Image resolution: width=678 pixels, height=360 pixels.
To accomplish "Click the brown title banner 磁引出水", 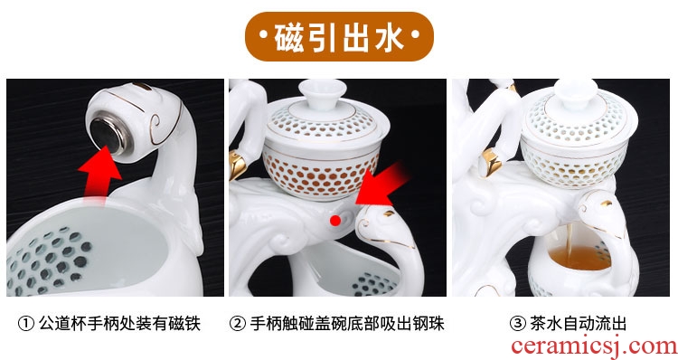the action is click(339, 36).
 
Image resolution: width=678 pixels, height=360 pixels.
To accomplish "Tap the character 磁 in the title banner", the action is click(289, 37).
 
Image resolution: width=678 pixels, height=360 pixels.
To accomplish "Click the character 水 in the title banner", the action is click(389, 37).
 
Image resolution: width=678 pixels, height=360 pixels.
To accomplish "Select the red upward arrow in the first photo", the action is click(99, 172).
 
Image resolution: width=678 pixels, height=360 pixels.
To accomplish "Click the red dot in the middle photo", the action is click(335, 220).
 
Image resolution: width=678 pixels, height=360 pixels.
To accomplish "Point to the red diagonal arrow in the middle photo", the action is click(381, 183).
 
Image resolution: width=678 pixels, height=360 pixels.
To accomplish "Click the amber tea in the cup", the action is click(574, 258).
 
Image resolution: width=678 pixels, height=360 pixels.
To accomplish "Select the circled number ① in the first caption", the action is click(26, 324).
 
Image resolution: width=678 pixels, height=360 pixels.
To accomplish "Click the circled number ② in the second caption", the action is click(238, 324).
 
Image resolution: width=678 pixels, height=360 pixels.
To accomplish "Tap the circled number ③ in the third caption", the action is click(518, 324).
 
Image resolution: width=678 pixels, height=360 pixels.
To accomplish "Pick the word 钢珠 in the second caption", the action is click(428, 324).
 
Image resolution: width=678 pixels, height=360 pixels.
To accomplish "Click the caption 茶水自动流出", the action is click(579, 324).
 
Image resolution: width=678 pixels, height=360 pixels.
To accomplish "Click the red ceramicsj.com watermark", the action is click(594, 347).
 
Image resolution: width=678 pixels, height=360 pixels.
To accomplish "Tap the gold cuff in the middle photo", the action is click(238, 165).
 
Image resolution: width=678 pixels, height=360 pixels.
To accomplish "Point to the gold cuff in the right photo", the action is click(491, 162).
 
